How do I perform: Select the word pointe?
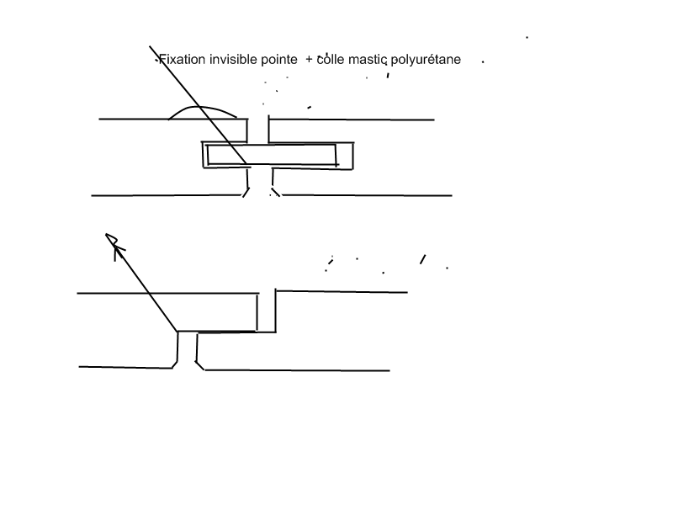[279, 61]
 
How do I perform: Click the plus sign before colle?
[310, 61]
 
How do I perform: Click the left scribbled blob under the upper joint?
[246, 195]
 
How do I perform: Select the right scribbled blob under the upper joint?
[275, 195]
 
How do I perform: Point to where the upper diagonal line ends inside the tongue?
[246, 163]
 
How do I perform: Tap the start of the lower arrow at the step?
[178, 331]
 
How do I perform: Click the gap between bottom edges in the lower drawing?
[188, 365]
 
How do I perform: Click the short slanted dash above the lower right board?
[422, 258]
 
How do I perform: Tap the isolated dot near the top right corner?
[527, 37]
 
